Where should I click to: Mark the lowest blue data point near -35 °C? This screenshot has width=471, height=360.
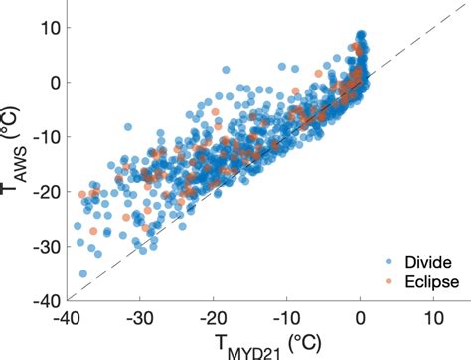[x=82, y=273]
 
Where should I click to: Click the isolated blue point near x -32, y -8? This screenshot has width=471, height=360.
[x=127, y=127]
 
